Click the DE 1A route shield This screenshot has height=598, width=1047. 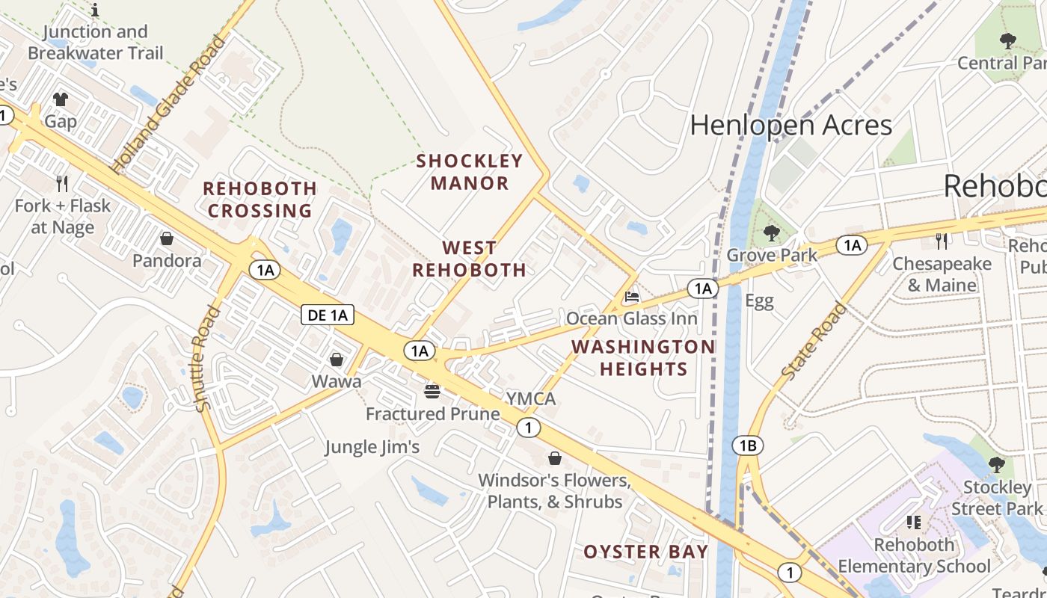coord(328,315)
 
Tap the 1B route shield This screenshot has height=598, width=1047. coord(748,446)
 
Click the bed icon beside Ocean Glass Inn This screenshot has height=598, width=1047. coord(632,297)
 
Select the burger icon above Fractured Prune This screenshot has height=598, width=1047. coord(432,391)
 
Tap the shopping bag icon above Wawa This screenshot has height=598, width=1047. coord(337,360)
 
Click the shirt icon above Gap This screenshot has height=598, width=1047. coord(61,99)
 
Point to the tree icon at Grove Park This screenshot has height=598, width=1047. coord(771,234)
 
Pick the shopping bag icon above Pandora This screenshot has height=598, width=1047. coord(167,239)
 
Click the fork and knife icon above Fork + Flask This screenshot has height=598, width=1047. coord(62,183)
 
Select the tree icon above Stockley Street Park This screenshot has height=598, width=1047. coord(996,465)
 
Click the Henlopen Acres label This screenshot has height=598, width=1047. coord(790,125)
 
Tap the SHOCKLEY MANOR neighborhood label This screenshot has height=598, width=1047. coord(470,172)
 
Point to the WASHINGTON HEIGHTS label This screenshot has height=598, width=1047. coord(643,357)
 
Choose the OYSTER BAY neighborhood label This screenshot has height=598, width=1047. coord(645,552)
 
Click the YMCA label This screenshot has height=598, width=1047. coord(530,398)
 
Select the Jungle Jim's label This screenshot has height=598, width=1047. coord(372,447)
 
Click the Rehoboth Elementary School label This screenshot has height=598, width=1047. coord(914,555)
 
